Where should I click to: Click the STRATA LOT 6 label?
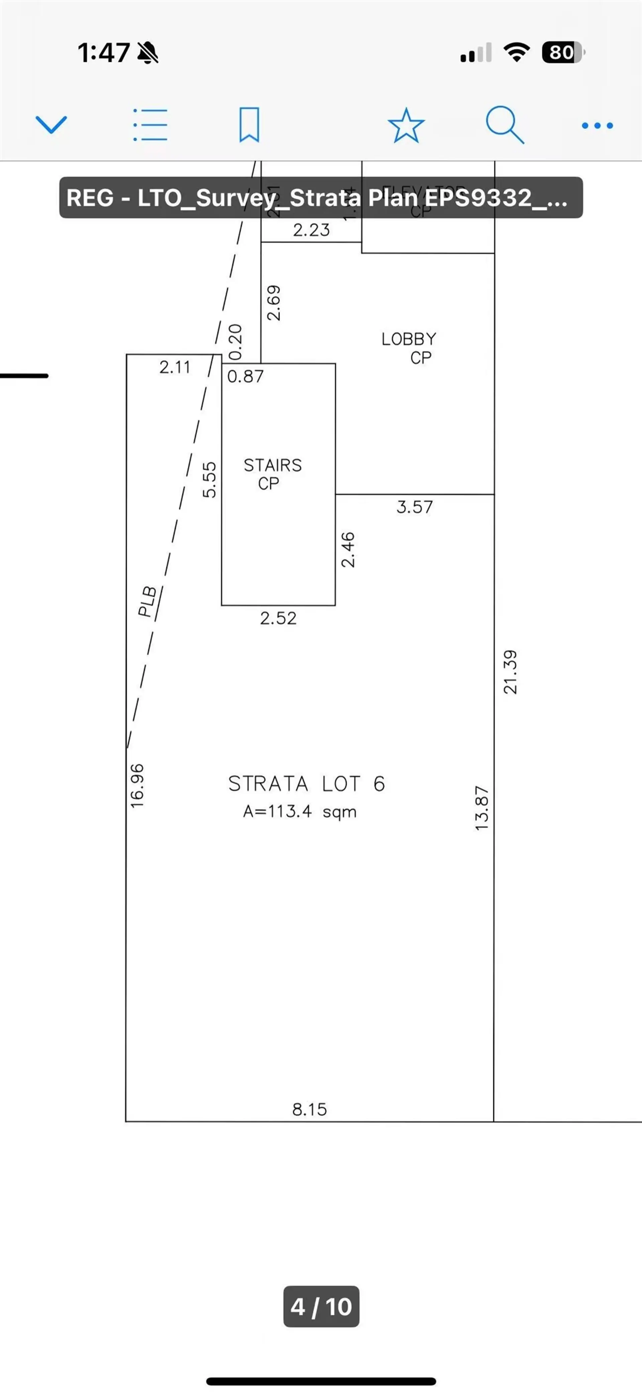tap(306, 784)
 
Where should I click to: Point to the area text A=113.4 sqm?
tap(300, 812)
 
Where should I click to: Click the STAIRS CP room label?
tap(272, 474)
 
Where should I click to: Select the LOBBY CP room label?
tap(409, 348)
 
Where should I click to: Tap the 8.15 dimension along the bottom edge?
tap(310, 1109)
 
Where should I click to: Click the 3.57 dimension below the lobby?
tap(415, 507)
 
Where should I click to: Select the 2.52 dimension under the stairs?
tap(278, 618)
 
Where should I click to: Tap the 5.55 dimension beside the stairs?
tap(209, 479)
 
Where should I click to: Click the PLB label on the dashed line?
tap(147, 601)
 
